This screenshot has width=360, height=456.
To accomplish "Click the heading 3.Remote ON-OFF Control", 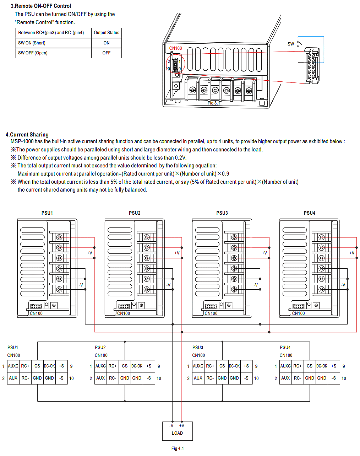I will pyautogui.click(x=41, y=6).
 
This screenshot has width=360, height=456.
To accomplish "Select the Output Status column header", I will pyautogui.click(x=107, y=33).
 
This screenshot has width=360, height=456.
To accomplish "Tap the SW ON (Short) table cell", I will pyautogui.click(x=32, y=43).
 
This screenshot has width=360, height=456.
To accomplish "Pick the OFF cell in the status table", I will pyautogui.click(x=107, y=53).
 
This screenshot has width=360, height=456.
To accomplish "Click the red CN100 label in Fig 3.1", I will pyautogui.click(x=175, y=48).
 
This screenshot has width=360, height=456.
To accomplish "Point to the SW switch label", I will pyautogui.click(x=291, y=44).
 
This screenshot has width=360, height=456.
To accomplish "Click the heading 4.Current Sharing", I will pyautogui.click(x=27, y=135).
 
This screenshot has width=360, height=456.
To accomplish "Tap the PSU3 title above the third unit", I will pyautogui.click(x=222, y=213).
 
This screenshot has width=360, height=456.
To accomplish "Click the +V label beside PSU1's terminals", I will pyautogui.click(x=89, y=253).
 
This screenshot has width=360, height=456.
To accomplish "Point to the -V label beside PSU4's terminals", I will pyautogui.click(x=343, y=285).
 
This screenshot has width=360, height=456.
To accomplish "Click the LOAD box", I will pyautogui.click(x=177, y=431).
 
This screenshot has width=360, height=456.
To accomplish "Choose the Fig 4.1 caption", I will pyautogui.click(x=178, y=449).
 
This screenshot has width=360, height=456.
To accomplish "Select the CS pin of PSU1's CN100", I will pyautogui.click(x=37, y=366).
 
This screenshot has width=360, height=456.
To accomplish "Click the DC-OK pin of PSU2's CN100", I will pyautogui.click(x=137, y=366).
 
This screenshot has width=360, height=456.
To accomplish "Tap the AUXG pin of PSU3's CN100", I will pyautogui.click(x=198, y=366).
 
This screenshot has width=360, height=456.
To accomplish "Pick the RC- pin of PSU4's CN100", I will pyautogui.click(x=298, y=378).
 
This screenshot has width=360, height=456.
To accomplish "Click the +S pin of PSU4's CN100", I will pyautogui.click(x=334, y=366).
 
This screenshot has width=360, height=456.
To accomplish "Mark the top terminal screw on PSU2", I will pyautogui.click(x=147, y=237).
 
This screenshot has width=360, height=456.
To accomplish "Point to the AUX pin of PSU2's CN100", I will pyautogui.click(x=100, y=378).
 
